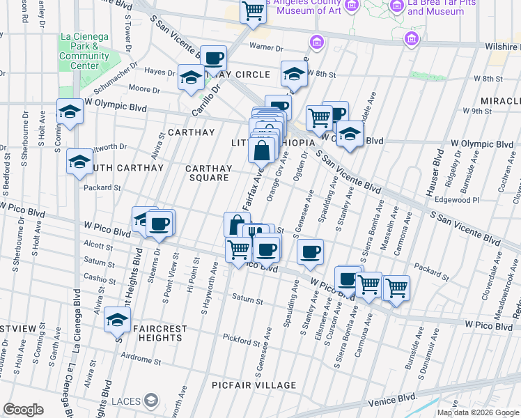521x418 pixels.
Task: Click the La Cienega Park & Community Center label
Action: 84,51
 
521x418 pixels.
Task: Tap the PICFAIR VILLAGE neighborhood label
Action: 254,385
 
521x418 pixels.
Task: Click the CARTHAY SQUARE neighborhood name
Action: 208,173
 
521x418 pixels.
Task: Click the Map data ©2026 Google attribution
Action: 478,412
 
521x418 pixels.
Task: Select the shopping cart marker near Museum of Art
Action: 253,11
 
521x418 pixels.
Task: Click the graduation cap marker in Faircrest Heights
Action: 117,320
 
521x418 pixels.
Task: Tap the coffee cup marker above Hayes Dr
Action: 214,58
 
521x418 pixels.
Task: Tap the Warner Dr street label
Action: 267,48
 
